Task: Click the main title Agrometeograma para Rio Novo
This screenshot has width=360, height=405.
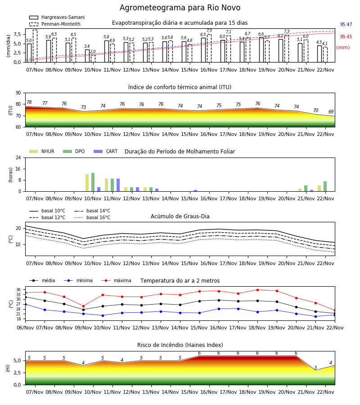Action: coord(180,8)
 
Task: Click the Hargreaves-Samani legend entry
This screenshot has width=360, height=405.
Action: coord(57,17)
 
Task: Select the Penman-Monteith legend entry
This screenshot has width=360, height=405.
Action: coord(55,24)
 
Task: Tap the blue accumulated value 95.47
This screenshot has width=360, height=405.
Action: coord(346,25)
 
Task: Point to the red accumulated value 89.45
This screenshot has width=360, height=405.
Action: coord(346,37)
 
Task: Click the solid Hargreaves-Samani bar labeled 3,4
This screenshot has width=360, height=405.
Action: coord(87,56)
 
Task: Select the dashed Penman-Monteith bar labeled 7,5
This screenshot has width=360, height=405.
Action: coord(209,48)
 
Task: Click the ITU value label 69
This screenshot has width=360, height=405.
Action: coord(331,112)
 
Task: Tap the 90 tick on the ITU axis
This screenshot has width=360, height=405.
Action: coord(18,93)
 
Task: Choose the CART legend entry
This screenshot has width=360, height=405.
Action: coord(105,151)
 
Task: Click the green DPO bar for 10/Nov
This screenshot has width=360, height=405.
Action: coord(93,182)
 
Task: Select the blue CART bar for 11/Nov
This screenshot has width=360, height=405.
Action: coord(118,185)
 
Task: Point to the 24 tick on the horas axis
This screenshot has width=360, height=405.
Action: coord(18,158)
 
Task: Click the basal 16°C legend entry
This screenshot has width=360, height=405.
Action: coord(92,217)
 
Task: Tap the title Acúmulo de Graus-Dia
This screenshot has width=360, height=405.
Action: coord(180,216)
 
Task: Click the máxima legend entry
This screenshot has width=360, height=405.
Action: coord(116,280)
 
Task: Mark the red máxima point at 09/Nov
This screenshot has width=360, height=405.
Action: coord(83,306)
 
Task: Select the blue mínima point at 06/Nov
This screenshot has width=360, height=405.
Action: coord(25,305)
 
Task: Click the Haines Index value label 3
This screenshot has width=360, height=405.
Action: coord(315,368)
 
